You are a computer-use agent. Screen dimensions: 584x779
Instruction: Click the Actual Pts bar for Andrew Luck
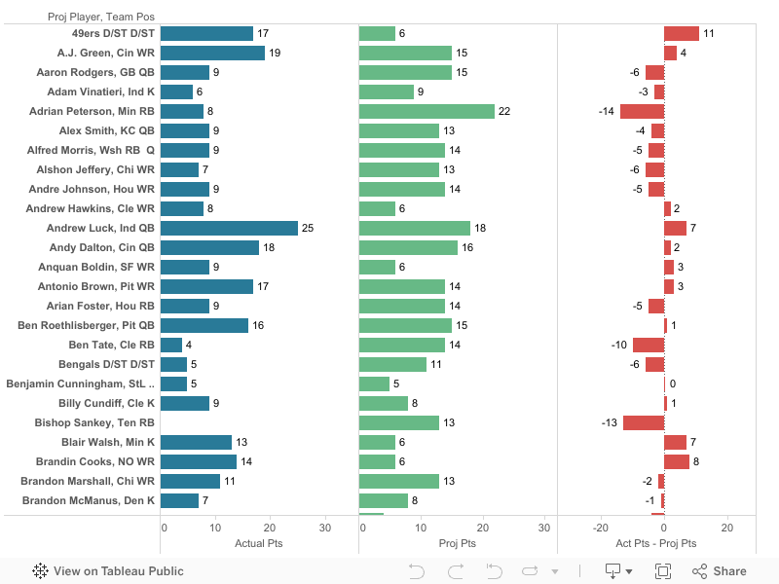(229, 228)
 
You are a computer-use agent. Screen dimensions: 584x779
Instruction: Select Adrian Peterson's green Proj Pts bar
(427, 111)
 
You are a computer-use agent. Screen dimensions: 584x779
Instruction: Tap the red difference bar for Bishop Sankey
(644, 422)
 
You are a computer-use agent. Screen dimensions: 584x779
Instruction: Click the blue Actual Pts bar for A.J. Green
(212, 53)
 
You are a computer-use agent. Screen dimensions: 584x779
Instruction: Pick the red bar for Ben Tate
(649, 345)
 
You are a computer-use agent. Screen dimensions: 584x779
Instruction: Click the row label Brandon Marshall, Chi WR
(88, 481)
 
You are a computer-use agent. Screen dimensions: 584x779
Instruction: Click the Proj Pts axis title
(458, 543)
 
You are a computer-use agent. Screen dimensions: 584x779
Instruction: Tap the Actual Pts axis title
(259, 543)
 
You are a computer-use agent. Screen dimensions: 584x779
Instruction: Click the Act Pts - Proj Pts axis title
(656, 543)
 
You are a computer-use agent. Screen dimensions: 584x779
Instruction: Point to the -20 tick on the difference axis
(602, 528)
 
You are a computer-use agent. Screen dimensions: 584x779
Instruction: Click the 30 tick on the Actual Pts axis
(325, 528)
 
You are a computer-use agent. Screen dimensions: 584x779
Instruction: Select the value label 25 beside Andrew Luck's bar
(308, 228)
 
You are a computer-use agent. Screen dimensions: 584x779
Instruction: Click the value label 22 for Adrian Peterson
(504, 111)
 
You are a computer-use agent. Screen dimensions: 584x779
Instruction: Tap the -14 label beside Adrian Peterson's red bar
(606, 111)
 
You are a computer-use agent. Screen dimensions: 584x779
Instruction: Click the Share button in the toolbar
(720, 571)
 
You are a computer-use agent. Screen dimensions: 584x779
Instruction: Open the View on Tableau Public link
(108, 571)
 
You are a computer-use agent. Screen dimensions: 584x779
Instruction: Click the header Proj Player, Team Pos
(101, 17)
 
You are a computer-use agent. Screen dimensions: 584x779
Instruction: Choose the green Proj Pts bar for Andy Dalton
(408, 247)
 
